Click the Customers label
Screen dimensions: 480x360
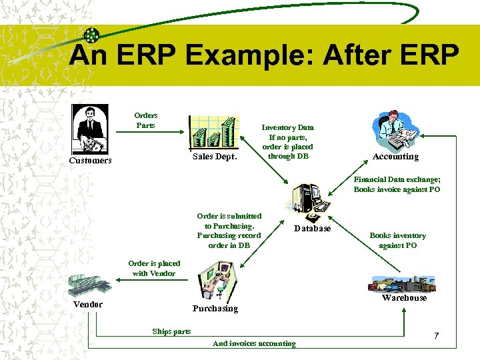[x=91, y=161]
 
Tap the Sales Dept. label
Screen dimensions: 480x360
[x=215, y=157]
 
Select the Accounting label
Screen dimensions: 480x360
[x=395, y=157]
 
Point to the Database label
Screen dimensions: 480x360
[x=313, y=228]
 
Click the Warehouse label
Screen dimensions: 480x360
[x=404, y=297]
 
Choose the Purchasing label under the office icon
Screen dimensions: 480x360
[x=215, y=308]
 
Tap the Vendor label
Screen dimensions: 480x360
[x=88, y=304]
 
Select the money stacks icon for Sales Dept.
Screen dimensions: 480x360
[x=213, y=132]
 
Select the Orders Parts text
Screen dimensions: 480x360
[x=145, y=120]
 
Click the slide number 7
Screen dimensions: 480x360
[x=436, y=336]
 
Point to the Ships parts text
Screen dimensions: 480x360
[x=171, y=331]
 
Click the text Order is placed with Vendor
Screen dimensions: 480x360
[x=154, y=268]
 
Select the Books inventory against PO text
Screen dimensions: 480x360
[x=397, y=240]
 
